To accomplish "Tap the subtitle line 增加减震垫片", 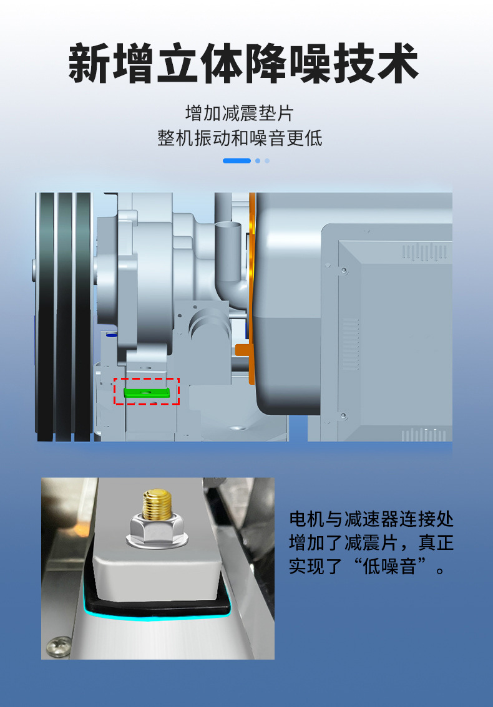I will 239,113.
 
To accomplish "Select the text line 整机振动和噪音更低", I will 240,138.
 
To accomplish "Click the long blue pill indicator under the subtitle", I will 237,161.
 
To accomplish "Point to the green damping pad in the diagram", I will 147,393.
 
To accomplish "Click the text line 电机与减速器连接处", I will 371,519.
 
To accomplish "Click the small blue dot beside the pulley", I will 111,335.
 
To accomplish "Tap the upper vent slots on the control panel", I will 416,251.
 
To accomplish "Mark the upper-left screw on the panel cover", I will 343,270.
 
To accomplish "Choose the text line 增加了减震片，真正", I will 371,542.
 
